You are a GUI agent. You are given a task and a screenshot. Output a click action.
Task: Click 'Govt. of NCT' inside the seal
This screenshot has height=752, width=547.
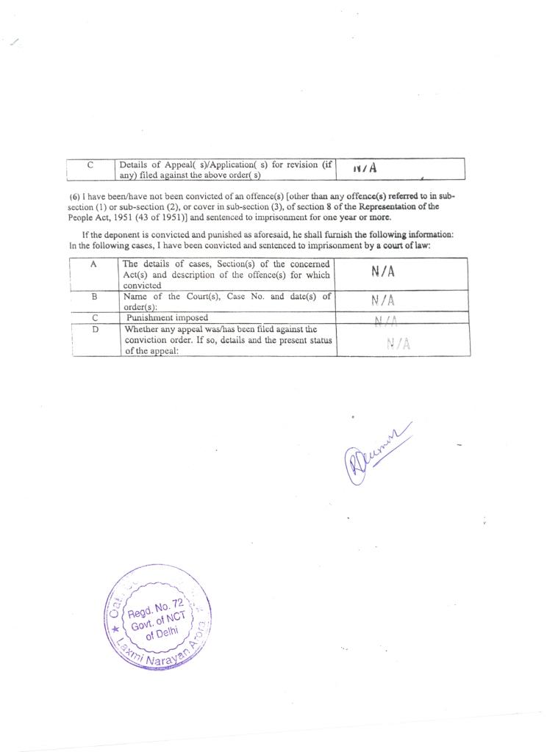click(156, 623)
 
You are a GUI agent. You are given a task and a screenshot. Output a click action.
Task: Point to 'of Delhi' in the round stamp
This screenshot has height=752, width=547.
click(160, 635)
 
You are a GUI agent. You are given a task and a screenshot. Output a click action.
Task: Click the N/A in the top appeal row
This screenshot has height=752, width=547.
click(365, 168)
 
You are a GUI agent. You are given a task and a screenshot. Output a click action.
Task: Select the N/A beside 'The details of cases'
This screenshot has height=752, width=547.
click(383, 272)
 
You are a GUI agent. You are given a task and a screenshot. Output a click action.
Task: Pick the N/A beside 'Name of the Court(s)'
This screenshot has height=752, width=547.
click(383, 300)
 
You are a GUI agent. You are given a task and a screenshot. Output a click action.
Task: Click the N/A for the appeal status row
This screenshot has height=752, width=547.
click(398, 343)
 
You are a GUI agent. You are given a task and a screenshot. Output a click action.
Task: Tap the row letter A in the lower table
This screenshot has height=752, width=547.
click(94, 264)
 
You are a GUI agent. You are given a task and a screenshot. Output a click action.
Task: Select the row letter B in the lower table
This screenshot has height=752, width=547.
click(94, 297)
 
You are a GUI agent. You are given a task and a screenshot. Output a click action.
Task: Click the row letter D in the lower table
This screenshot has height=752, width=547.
click(94, 330)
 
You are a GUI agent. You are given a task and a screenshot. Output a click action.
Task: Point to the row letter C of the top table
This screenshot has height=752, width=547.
click(90, 164)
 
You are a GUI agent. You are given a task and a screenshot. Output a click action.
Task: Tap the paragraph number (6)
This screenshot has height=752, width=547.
click(74, 197)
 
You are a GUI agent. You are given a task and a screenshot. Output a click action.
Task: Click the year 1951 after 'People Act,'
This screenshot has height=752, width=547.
click(121, 217)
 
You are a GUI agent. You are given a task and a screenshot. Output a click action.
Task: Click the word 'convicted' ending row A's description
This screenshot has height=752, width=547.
click(142, 286)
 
